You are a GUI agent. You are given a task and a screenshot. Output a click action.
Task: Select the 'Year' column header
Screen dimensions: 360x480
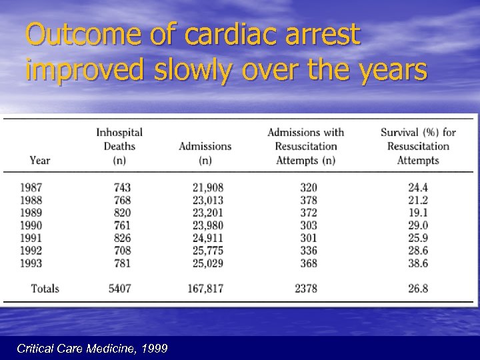(40, 160)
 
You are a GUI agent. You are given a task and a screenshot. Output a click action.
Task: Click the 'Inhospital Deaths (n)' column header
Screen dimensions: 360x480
(119, 146)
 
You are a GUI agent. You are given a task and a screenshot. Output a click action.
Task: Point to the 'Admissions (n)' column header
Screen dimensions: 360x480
(205, 153)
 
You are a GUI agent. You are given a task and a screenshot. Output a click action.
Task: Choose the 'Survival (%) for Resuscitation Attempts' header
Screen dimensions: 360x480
(418, 146)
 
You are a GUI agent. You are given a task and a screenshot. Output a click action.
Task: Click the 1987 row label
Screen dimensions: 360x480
(31, 187)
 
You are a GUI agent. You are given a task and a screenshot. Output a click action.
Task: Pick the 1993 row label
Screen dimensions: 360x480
(31, 263)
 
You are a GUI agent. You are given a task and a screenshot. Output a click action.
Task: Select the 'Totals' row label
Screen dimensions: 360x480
(45, 289)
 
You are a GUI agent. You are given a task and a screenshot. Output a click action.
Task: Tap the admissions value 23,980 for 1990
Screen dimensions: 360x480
(207, 225)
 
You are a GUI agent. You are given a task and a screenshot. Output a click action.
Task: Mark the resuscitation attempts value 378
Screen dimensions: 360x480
(309, 200)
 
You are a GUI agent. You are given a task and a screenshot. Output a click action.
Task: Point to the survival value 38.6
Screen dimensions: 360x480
(418, 263)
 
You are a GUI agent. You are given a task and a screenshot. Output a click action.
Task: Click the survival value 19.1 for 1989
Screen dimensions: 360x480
(418, 213)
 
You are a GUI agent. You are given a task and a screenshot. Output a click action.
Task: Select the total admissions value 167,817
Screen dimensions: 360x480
(205, 289)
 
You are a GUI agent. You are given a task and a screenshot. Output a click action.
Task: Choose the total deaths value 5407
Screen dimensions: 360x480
(119, 289)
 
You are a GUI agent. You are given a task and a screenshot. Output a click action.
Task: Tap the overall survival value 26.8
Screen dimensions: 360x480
(418, 289)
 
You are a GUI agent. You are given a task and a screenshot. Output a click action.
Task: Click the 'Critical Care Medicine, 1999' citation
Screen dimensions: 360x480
(92, 349)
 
